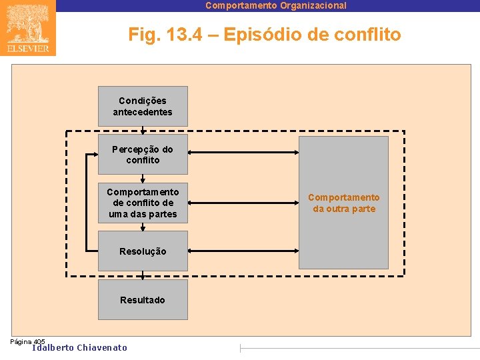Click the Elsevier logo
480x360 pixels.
tap(28, 28)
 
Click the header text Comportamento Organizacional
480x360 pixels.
tap(275, 5)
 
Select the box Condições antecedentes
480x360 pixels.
tap(143, 106)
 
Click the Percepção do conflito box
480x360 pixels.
tap(143, 155)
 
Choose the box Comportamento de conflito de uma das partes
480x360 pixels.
tap(143, 203)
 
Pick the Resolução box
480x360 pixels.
tap(143, 251)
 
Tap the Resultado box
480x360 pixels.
tap(143, 299)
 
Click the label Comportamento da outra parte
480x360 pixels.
tap(343, 203)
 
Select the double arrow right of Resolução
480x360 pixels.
tap(243, 251)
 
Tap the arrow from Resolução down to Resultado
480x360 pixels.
tap(143, 274)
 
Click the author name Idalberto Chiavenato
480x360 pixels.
tap(79, 347)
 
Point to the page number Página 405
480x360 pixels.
tap(27, 341)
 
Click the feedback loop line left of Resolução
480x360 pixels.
tap(86, 203)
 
